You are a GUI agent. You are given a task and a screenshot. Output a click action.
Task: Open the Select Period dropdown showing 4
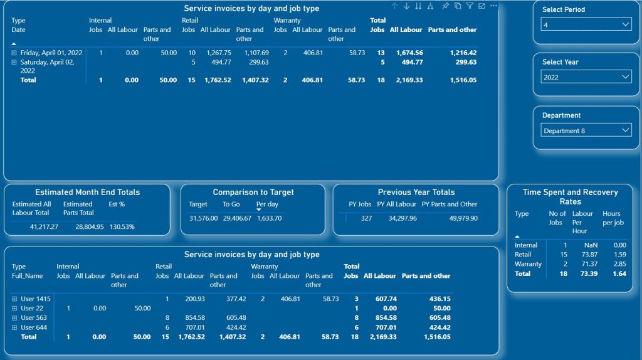(x=586, y=24)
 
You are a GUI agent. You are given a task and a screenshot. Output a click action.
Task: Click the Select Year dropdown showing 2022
(x=586, y=77)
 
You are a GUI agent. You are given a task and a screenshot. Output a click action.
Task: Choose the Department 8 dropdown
(x=586, y=130)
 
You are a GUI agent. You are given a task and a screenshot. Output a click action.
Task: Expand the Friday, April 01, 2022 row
(x=14, y=53)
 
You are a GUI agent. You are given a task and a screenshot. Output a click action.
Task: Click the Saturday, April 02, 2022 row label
(x=52, y=63)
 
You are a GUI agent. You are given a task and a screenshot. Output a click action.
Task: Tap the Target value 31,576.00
(x=203, y=218)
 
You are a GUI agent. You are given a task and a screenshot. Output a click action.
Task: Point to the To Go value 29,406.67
(x=237, y=218)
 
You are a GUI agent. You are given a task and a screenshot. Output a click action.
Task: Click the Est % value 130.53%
(x=122, y=226)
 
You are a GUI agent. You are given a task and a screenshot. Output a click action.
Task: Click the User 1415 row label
(x=35, y=299)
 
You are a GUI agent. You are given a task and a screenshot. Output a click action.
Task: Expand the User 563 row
(x=14, y=318)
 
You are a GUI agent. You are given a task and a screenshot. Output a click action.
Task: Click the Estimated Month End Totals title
(x=87, y=193)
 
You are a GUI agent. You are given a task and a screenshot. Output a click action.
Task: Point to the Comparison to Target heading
(x=253, y=193)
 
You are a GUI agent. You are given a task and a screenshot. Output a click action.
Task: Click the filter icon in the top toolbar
(x=469, y=6)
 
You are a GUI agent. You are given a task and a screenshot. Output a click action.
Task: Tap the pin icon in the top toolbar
(x=445, y=6)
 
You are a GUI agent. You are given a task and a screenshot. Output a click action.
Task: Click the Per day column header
(x=267, y=204)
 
